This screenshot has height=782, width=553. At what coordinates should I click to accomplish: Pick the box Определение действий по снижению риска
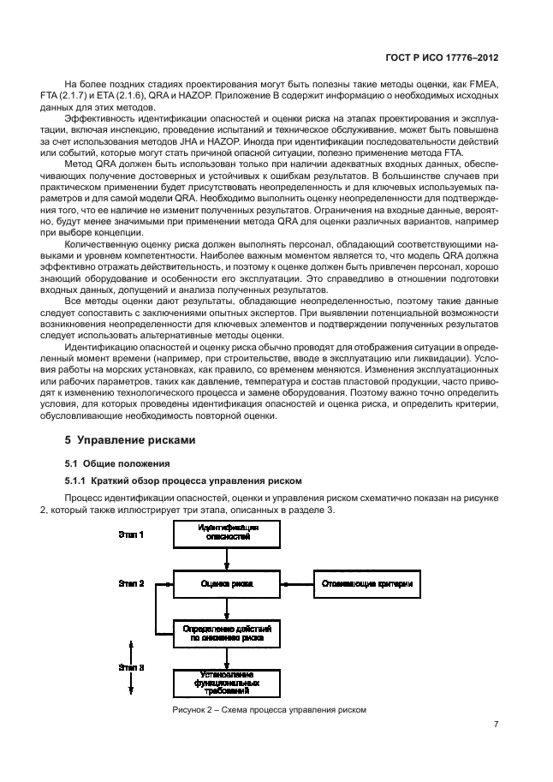[226, 633]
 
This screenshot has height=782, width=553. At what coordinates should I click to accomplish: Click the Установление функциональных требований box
[226, 683]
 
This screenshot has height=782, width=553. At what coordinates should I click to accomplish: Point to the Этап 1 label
[130, 534]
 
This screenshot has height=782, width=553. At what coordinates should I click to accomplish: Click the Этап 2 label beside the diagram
[130, 583]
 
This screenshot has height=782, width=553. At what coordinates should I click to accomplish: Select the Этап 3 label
[130, 666]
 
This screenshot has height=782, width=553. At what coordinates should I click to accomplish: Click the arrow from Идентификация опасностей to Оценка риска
[226, 559]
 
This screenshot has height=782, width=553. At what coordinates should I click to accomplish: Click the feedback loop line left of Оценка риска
[156, 608]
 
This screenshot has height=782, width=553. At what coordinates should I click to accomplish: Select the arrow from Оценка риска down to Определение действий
[226, 608]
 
